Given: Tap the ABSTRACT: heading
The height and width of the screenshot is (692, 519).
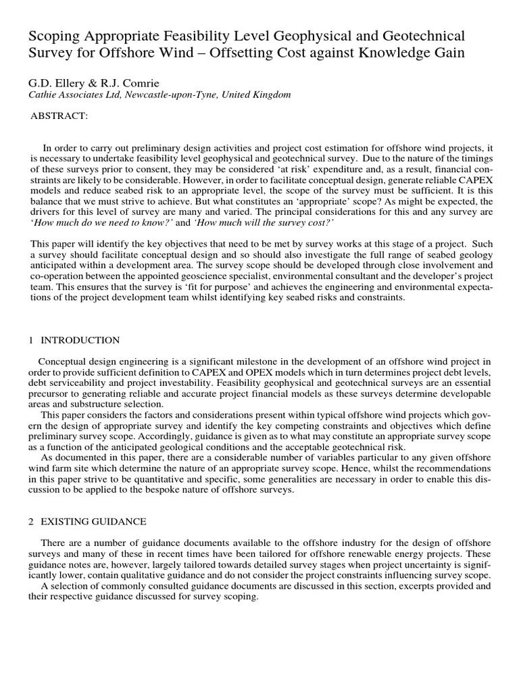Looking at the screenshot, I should pyautogui.click(x=59, y=116).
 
